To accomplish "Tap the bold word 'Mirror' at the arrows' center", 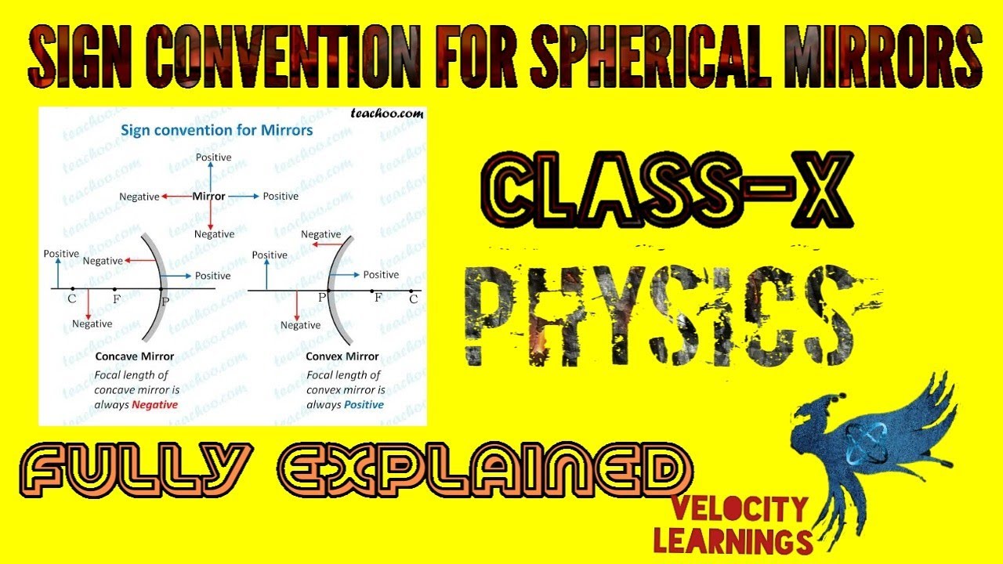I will click(x=209, y=196).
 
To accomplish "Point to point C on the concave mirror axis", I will click(x=72, y=290).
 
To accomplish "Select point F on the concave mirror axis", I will click(x=115, y=290).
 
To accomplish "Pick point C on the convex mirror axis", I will click(x=413, y=290).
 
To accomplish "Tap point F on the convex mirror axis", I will click(x=372, y=290).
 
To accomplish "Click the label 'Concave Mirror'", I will click(x=135, y=356).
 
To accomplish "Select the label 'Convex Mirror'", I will click(x=342, y=356).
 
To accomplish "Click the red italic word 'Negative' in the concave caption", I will click(x=154, y=405).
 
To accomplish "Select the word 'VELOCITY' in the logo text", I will click(x=738, y=511).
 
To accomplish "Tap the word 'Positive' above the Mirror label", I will click(x=214, y=157).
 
